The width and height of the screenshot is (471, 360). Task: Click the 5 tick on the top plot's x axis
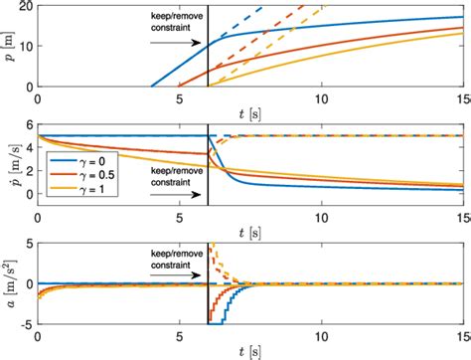point(179,99)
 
